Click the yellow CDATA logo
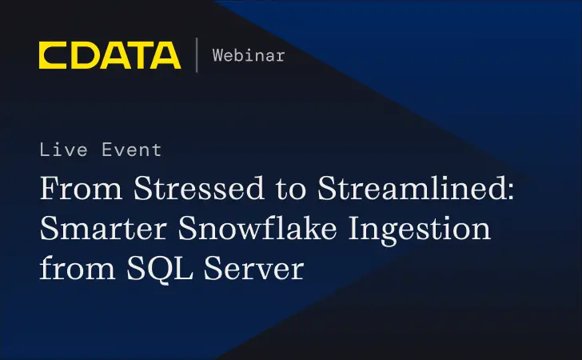coord(110,55)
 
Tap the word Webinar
coord(249,55)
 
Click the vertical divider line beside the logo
coord(197,55)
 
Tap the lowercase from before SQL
coord(73,268)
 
